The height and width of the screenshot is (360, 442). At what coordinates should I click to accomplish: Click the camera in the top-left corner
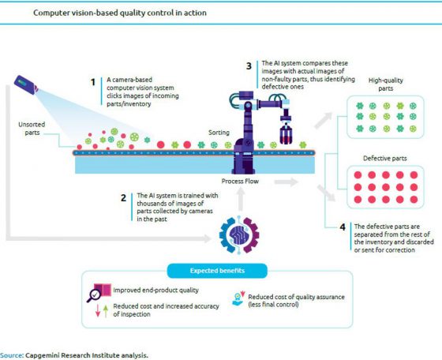[x=24, y=83]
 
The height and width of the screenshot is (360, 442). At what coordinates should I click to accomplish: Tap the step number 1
[x=92, y=81]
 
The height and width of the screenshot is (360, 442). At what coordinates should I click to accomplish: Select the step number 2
[x=124, y=197]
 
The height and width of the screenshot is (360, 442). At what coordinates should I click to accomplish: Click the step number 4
[x=341, y=228]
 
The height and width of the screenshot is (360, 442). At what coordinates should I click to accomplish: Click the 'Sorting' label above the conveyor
[x=219, y=133]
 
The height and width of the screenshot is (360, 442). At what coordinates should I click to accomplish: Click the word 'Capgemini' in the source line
[x=45, y=355]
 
